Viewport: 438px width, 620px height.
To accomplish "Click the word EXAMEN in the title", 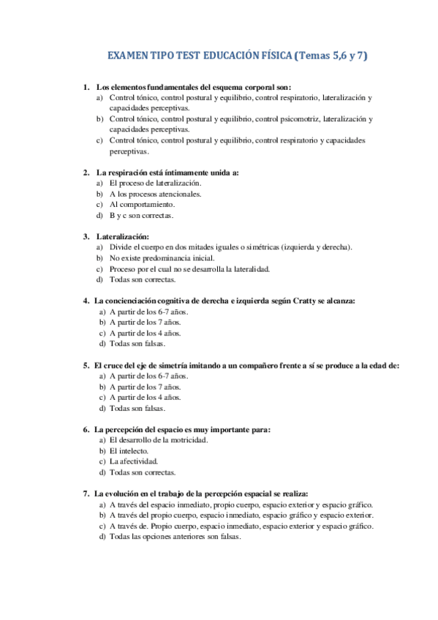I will tap(127, 56).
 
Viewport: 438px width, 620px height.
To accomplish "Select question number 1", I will tap(86, 87).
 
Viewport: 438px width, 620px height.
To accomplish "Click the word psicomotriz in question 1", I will tap(298, 118).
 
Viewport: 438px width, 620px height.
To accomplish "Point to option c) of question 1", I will tap(99, 140).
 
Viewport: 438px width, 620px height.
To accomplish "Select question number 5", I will tap(86, 366).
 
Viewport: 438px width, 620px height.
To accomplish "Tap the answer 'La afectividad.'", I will tap(133, 462).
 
